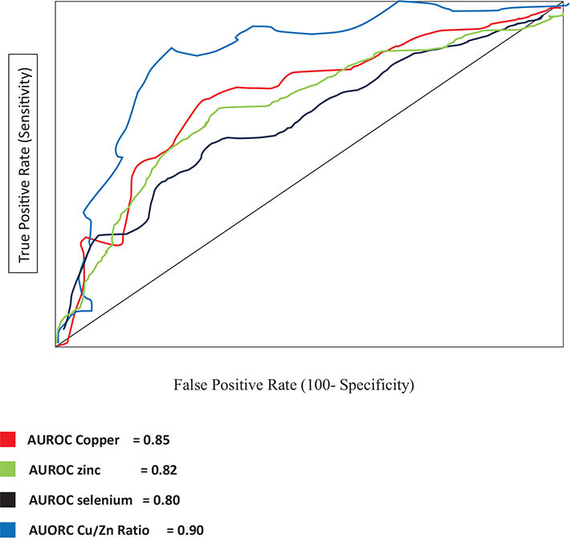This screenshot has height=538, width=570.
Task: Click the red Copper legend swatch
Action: click(x=8, y=439)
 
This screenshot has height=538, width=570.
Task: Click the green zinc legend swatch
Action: click(x=8, y=469)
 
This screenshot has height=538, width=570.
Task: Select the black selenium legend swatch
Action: click(x=8, y=499)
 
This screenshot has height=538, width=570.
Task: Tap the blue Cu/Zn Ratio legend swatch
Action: click(x=8, y=529)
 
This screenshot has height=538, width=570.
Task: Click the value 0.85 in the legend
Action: click(x=156, y=440)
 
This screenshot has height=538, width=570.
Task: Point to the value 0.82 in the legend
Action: click(x=162, y=470)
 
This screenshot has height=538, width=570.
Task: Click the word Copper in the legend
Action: click(x=99, y=440)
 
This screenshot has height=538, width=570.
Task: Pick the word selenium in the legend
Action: click(x=104, y=499)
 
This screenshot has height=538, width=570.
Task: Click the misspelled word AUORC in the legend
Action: click(x=49, y=530)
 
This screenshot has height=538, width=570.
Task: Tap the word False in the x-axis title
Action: click(x=190, y=385)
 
